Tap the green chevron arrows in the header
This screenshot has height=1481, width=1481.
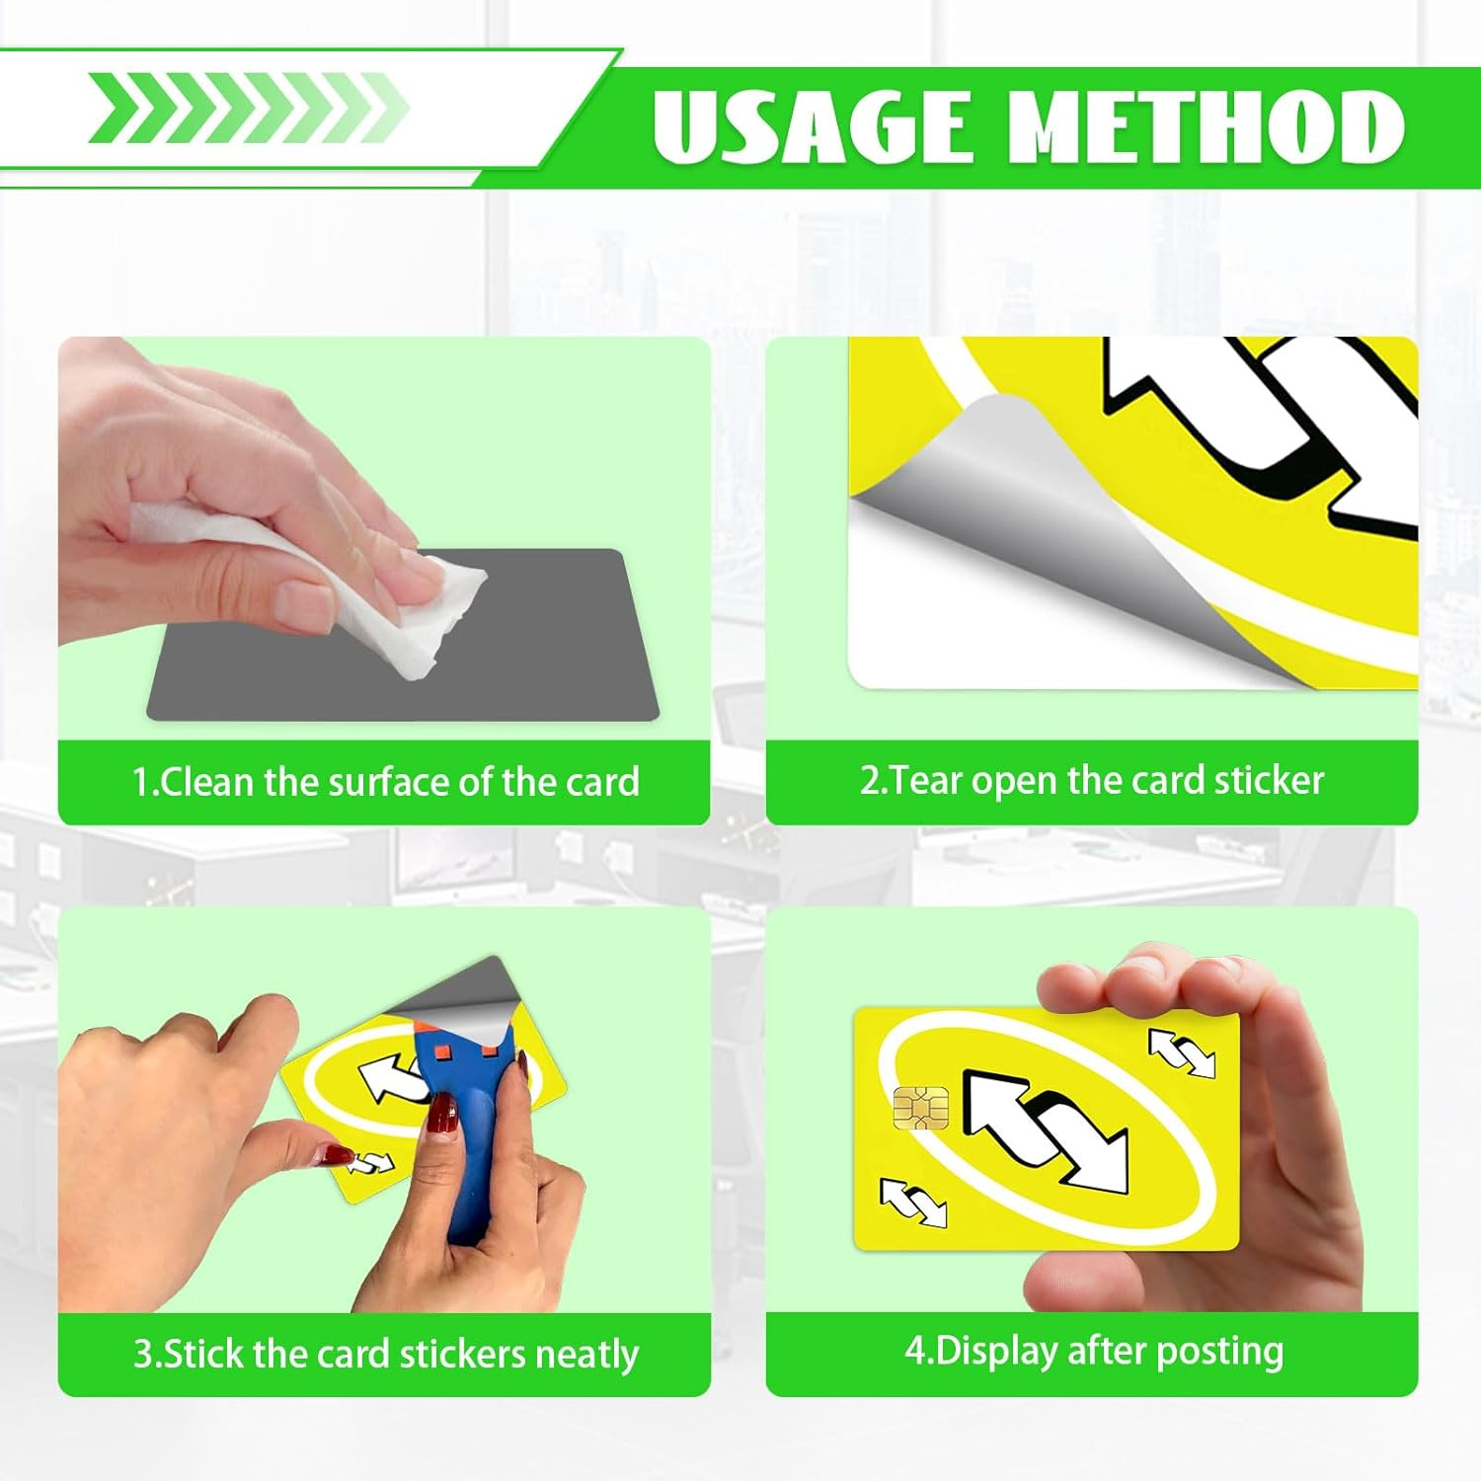tap(247, 107)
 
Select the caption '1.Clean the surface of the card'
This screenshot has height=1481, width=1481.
tap(385, 782)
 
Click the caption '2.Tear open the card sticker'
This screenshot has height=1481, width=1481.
tap(1091, 780)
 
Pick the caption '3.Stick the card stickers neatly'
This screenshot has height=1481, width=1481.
tap(385, 1354)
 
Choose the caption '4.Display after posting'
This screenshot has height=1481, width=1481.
tap(1094, 1351)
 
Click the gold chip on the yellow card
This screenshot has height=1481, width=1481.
tap(920, 1107)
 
